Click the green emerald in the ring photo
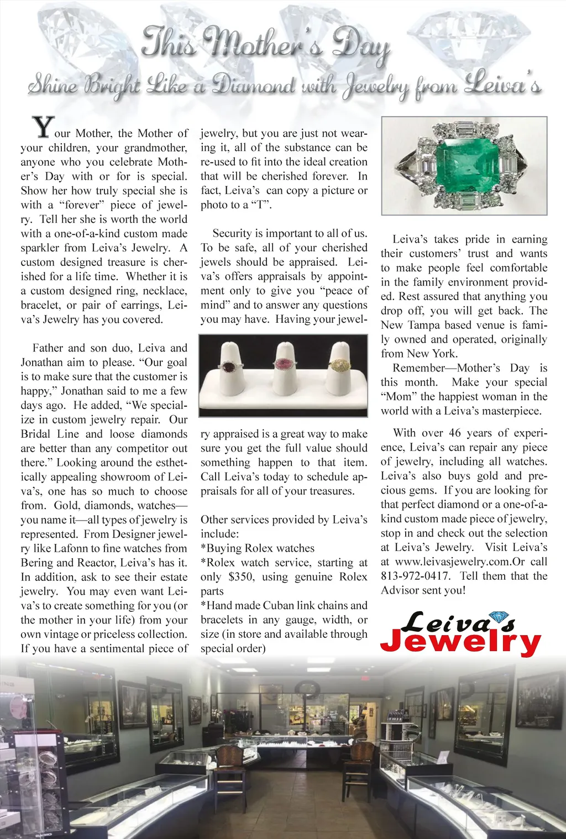465,165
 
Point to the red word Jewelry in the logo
460,642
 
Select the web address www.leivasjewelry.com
453,562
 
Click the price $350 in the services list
241,577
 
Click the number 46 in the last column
454,433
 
